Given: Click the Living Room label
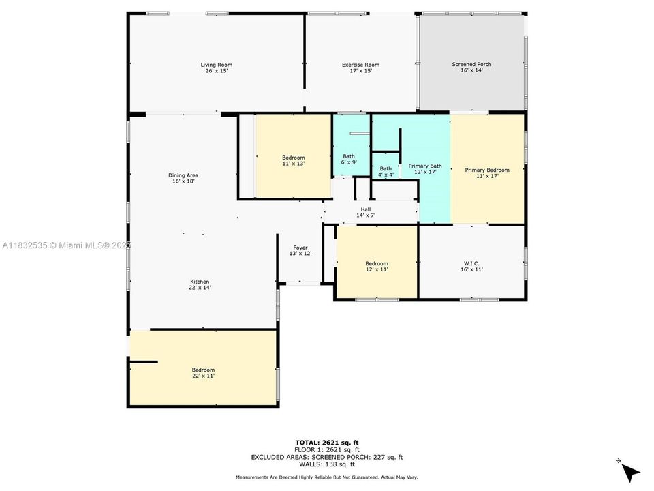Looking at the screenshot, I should [216, 65].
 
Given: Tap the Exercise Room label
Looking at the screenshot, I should [360, 65].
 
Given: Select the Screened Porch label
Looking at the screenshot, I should [471, 64].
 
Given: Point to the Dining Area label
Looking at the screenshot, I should [183, 175].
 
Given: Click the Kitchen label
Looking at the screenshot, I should [200, 282].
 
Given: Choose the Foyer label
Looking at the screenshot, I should [300, 248].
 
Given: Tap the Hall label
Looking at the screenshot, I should [366, 209].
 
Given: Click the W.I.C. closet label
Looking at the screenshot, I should [471, 263].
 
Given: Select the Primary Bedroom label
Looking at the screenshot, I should [487, 170].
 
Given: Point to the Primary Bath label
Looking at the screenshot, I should [425, 166].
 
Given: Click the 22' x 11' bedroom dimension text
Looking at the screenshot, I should [203, 376].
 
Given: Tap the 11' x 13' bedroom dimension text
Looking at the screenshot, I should [293, 164].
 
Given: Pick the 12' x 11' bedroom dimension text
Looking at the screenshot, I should [377, 269].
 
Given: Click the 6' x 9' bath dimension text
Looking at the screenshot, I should [348, 162].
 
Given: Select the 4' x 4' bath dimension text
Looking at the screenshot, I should [386, 175].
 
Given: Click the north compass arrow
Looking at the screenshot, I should [631, 471].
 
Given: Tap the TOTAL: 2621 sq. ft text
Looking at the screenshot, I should [326, 443].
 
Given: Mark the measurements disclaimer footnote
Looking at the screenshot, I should [326, 477].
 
